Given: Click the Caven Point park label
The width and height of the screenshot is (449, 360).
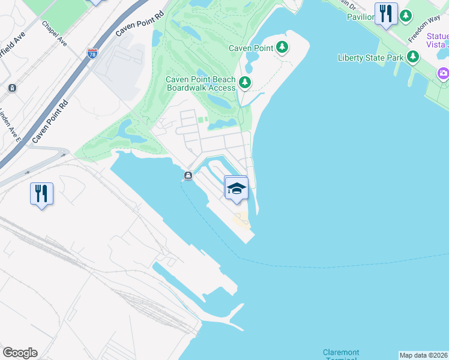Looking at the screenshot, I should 251,48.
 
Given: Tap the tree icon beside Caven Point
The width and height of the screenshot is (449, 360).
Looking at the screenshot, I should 282,47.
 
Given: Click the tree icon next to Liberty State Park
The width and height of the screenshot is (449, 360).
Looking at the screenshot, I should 412,57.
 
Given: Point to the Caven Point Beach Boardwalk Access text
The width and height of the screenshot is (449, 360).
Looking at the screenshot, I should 200,83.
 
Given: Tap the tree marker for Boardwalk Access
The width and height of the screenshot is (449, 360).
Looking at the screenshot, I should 244,82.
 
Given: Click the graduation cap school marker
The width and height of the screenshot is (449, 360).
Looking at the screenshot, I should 237,188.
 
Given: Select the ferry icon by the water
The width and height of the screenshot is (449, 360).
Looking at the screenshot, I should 188,176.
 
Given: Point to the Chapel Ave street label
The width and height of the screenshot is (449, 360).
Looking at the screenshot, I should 54,33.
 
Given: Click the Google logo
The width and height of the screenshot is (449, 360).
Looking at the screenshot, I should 20,353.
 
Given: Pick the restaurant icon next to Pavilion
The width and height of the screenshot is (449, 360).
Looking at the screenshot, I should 386,13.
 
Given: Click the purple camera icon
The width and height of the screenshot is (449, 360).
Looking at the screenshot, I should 444,73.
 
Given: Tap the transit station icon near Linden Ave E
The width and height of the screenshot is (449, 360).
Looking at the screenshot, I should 11,88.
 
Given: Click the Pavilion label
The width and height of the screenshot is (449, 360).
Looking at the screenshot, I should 361,16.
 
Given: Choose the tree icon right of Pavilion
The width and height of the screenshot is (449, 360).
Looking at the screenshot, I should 406,15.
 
